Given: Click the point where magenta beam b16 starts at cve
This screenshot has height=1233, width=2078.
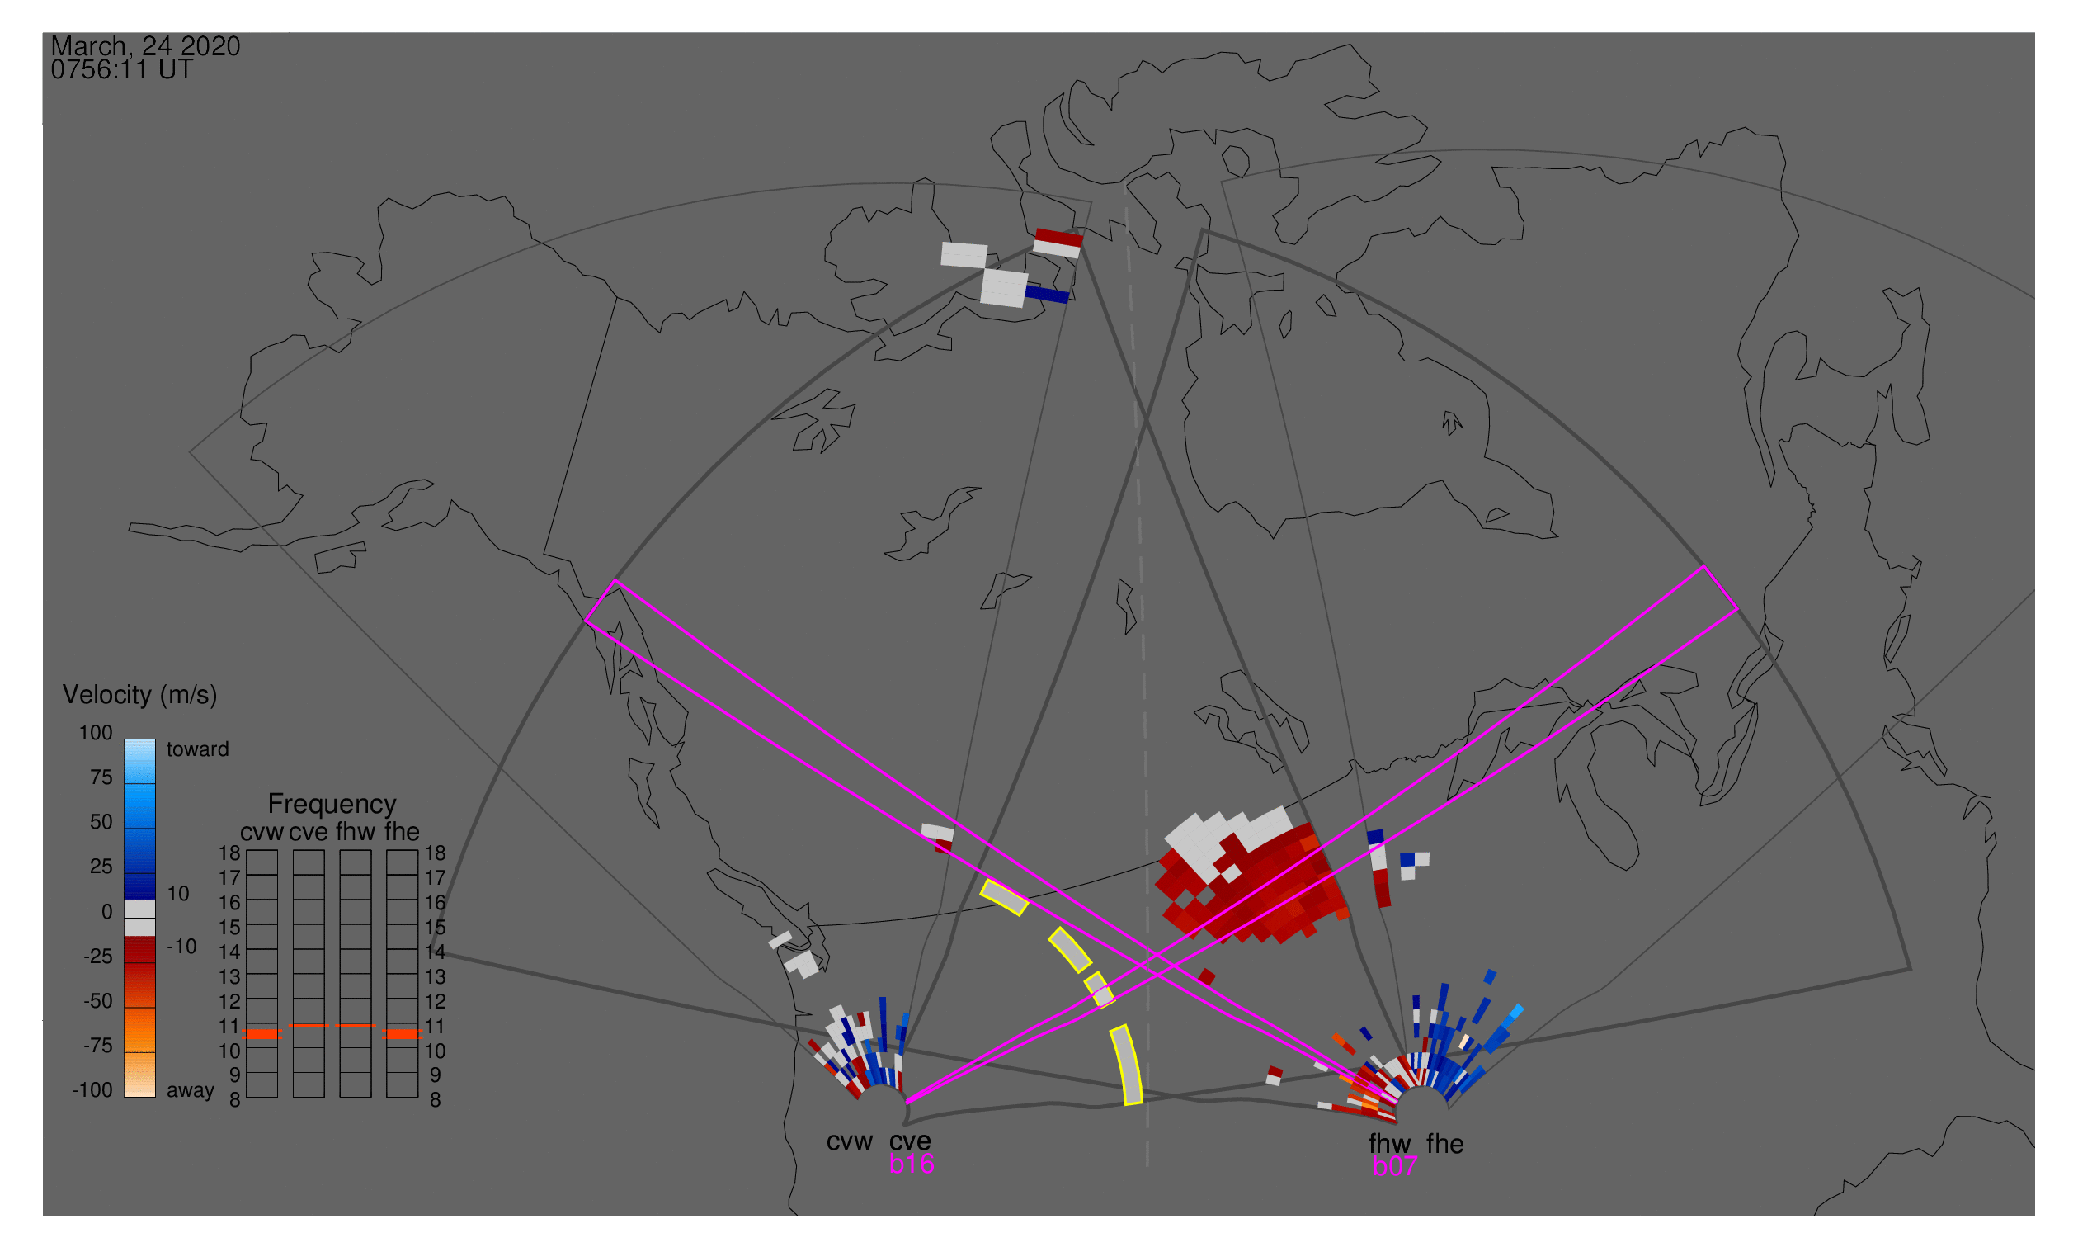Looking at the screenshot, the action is click(x=907, y=1103).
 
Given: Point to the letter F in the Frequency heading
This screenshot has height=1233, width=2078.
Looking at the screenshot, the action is click(x=275, y=805).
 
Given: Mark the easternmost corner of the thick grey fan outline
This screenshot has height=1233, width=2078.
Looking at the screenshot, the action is click(x=1911, y=969).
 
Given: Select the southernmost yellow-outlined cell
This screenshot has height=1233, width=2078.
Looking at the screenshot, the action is click(x=1127, y=1065).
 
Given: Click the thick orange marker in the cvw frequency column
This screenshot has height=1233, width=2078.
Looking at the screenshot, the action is click(x=262, y=1033).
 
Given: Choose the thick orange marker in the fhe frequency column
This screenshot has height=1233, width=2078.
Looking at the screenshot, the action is click(x=402, y=1033).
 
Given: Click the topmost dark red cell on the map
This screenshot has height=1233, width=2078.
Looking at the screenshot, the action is click(x=1059, y=238).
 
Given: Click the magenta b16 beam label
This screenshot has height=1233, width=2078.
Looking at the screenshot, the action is click(x=911, y=1164).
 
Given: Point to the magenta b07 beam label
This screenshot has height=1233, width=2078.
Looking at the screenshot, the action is click(x=1394, y=1166).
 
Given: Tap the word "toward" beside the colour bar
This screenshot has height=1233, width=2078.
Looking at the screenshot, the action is click(x=198, y=749).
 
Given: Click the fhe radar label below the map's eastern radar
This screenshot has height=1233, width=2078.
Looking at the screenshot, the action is click(x=1445, y=1144).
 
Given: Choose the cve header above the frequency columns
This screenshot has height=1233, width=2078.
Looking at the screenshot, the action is click(x=308, y=832).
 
